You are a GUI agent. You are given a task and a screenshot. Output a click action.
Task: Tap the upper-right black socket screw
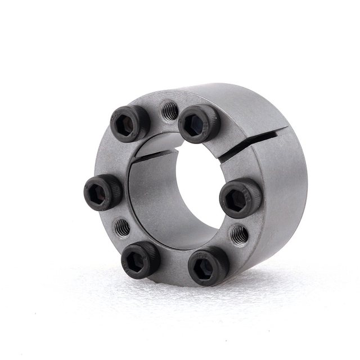pos(199,123)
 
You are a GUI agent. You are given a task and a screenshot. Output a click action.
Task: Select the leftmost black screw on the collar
pos(103,191)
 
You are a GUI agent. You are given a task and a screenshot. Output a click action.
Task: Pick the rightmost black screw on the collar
pos(240,197)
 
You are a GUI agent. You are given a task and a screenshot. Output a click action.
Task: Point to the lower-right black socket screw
pos(208,265)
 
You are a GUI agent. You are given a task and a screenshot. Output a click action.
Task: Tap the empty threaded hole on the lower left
pos(122,227)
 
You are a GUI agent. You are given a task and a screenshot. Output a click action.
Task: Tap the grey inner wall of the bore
pos(149,197)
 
